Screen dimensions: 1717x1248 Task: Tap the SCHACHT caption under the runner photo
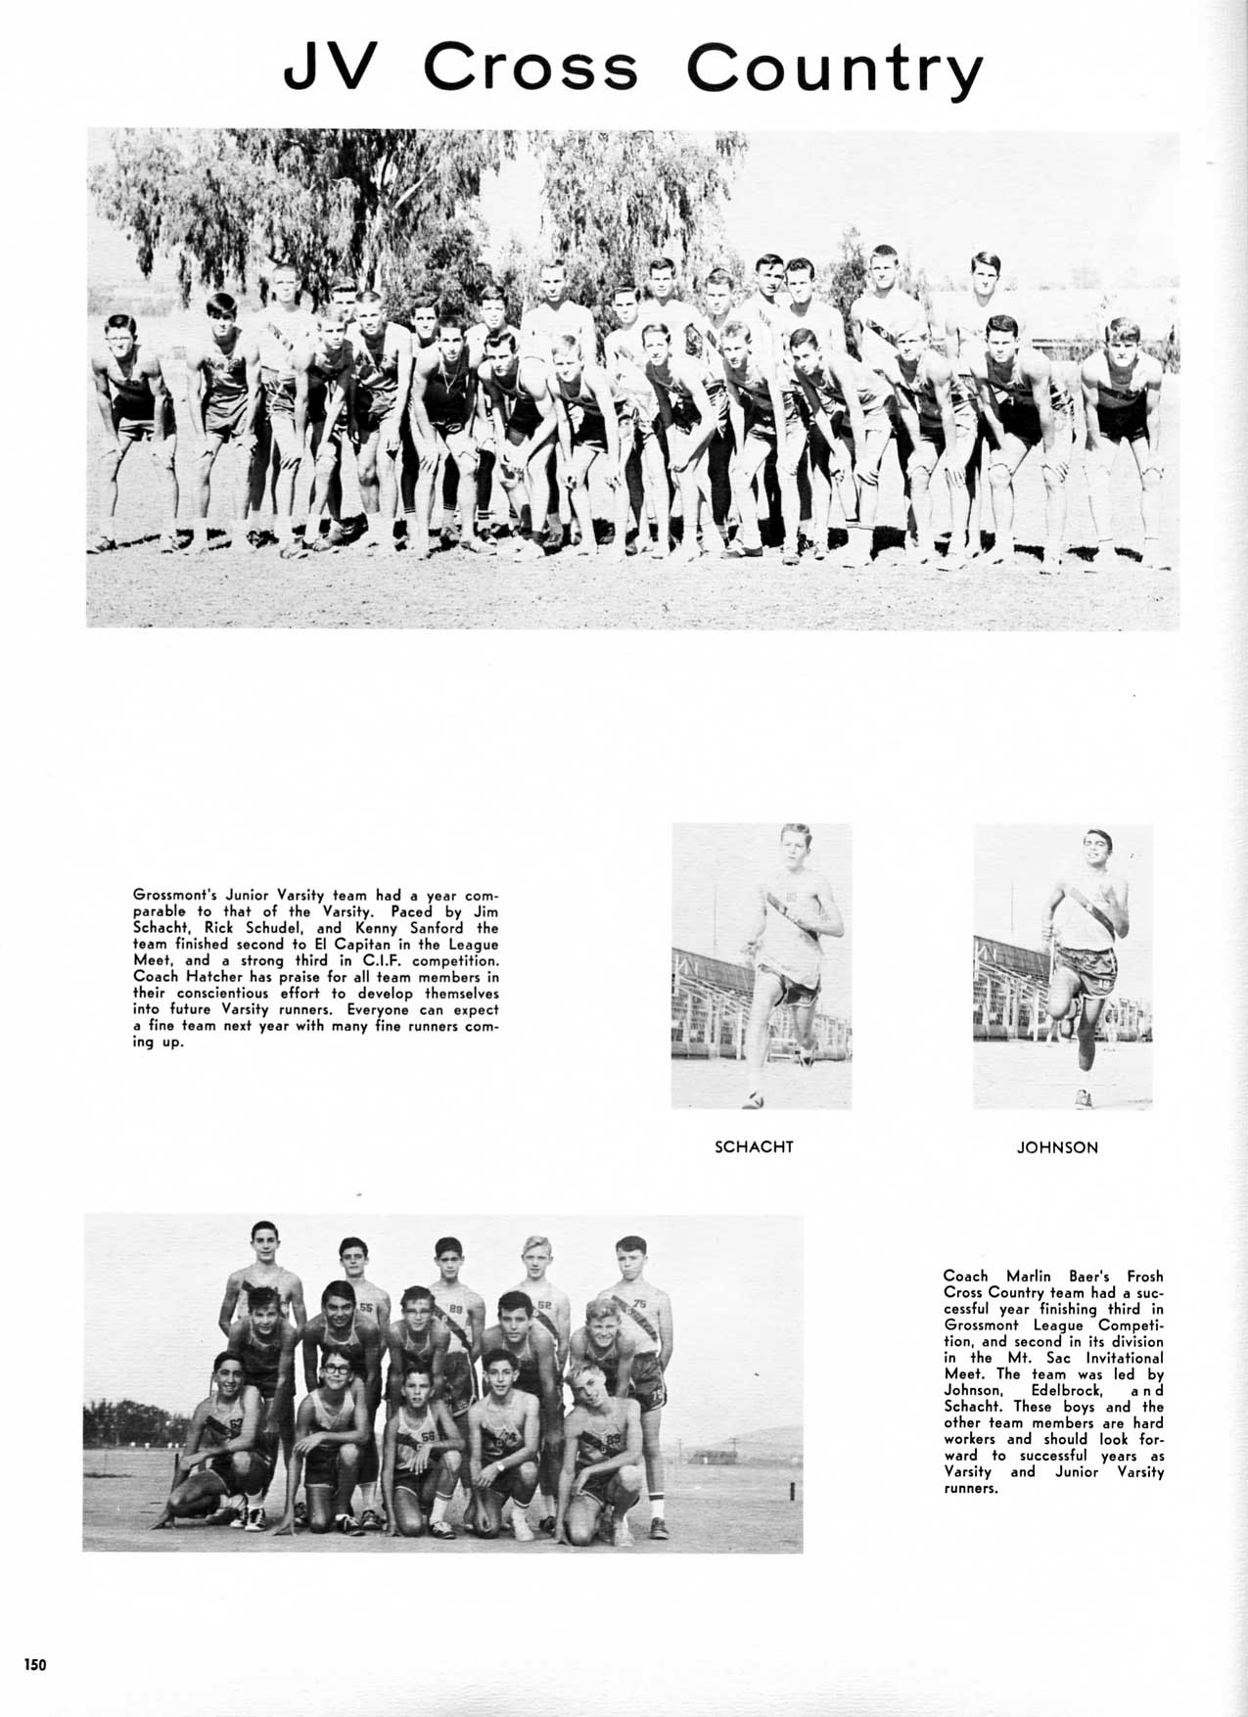click(x=754, y=1146)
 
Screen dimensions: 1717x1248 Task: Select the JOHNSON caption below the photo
click(x=1057, y=1147)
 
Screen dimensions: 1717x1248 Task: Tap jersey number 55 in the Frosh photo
click(x=366, y=1307)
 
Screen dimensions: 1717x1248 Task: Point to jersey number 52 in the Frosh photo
click(x=545, y=1305)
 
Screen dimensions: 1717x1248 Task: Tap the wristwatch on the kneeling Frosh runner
click(x=498, y=1467)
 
